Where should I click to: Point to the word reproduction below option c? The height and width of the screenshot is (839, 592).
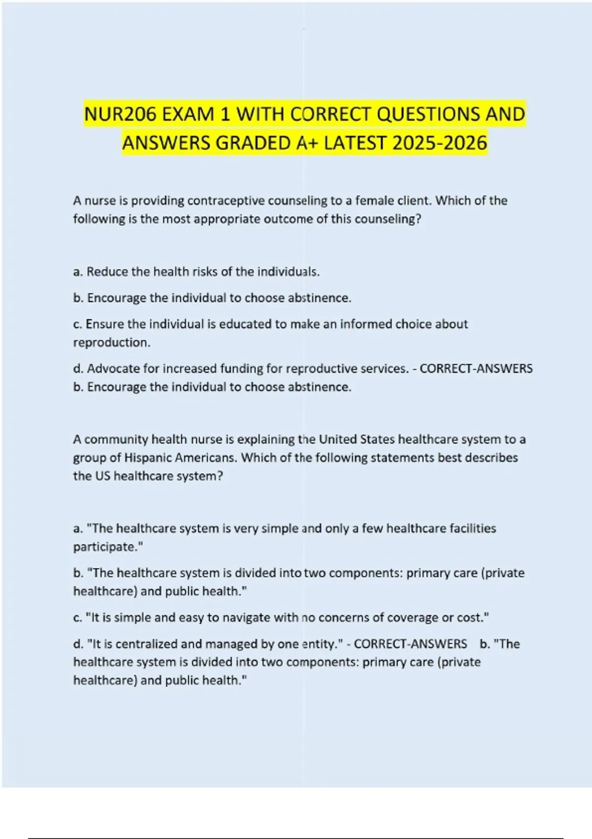(x=111, y=343)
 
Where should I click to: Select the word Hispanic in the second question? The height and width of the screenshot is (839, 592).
(x=147, y=458)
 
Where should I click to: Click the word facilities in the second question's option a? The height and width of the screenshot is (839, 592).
(x=473, y=529)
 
